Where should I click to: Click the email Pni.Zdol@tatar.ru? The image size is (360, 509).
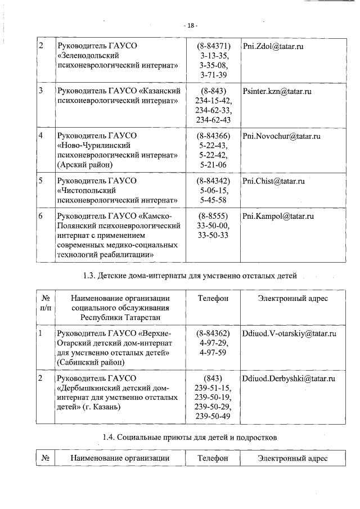tap(273, 45)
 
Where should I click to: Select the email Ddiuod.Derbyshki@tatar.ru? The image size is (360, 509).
tap(288, 379)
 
